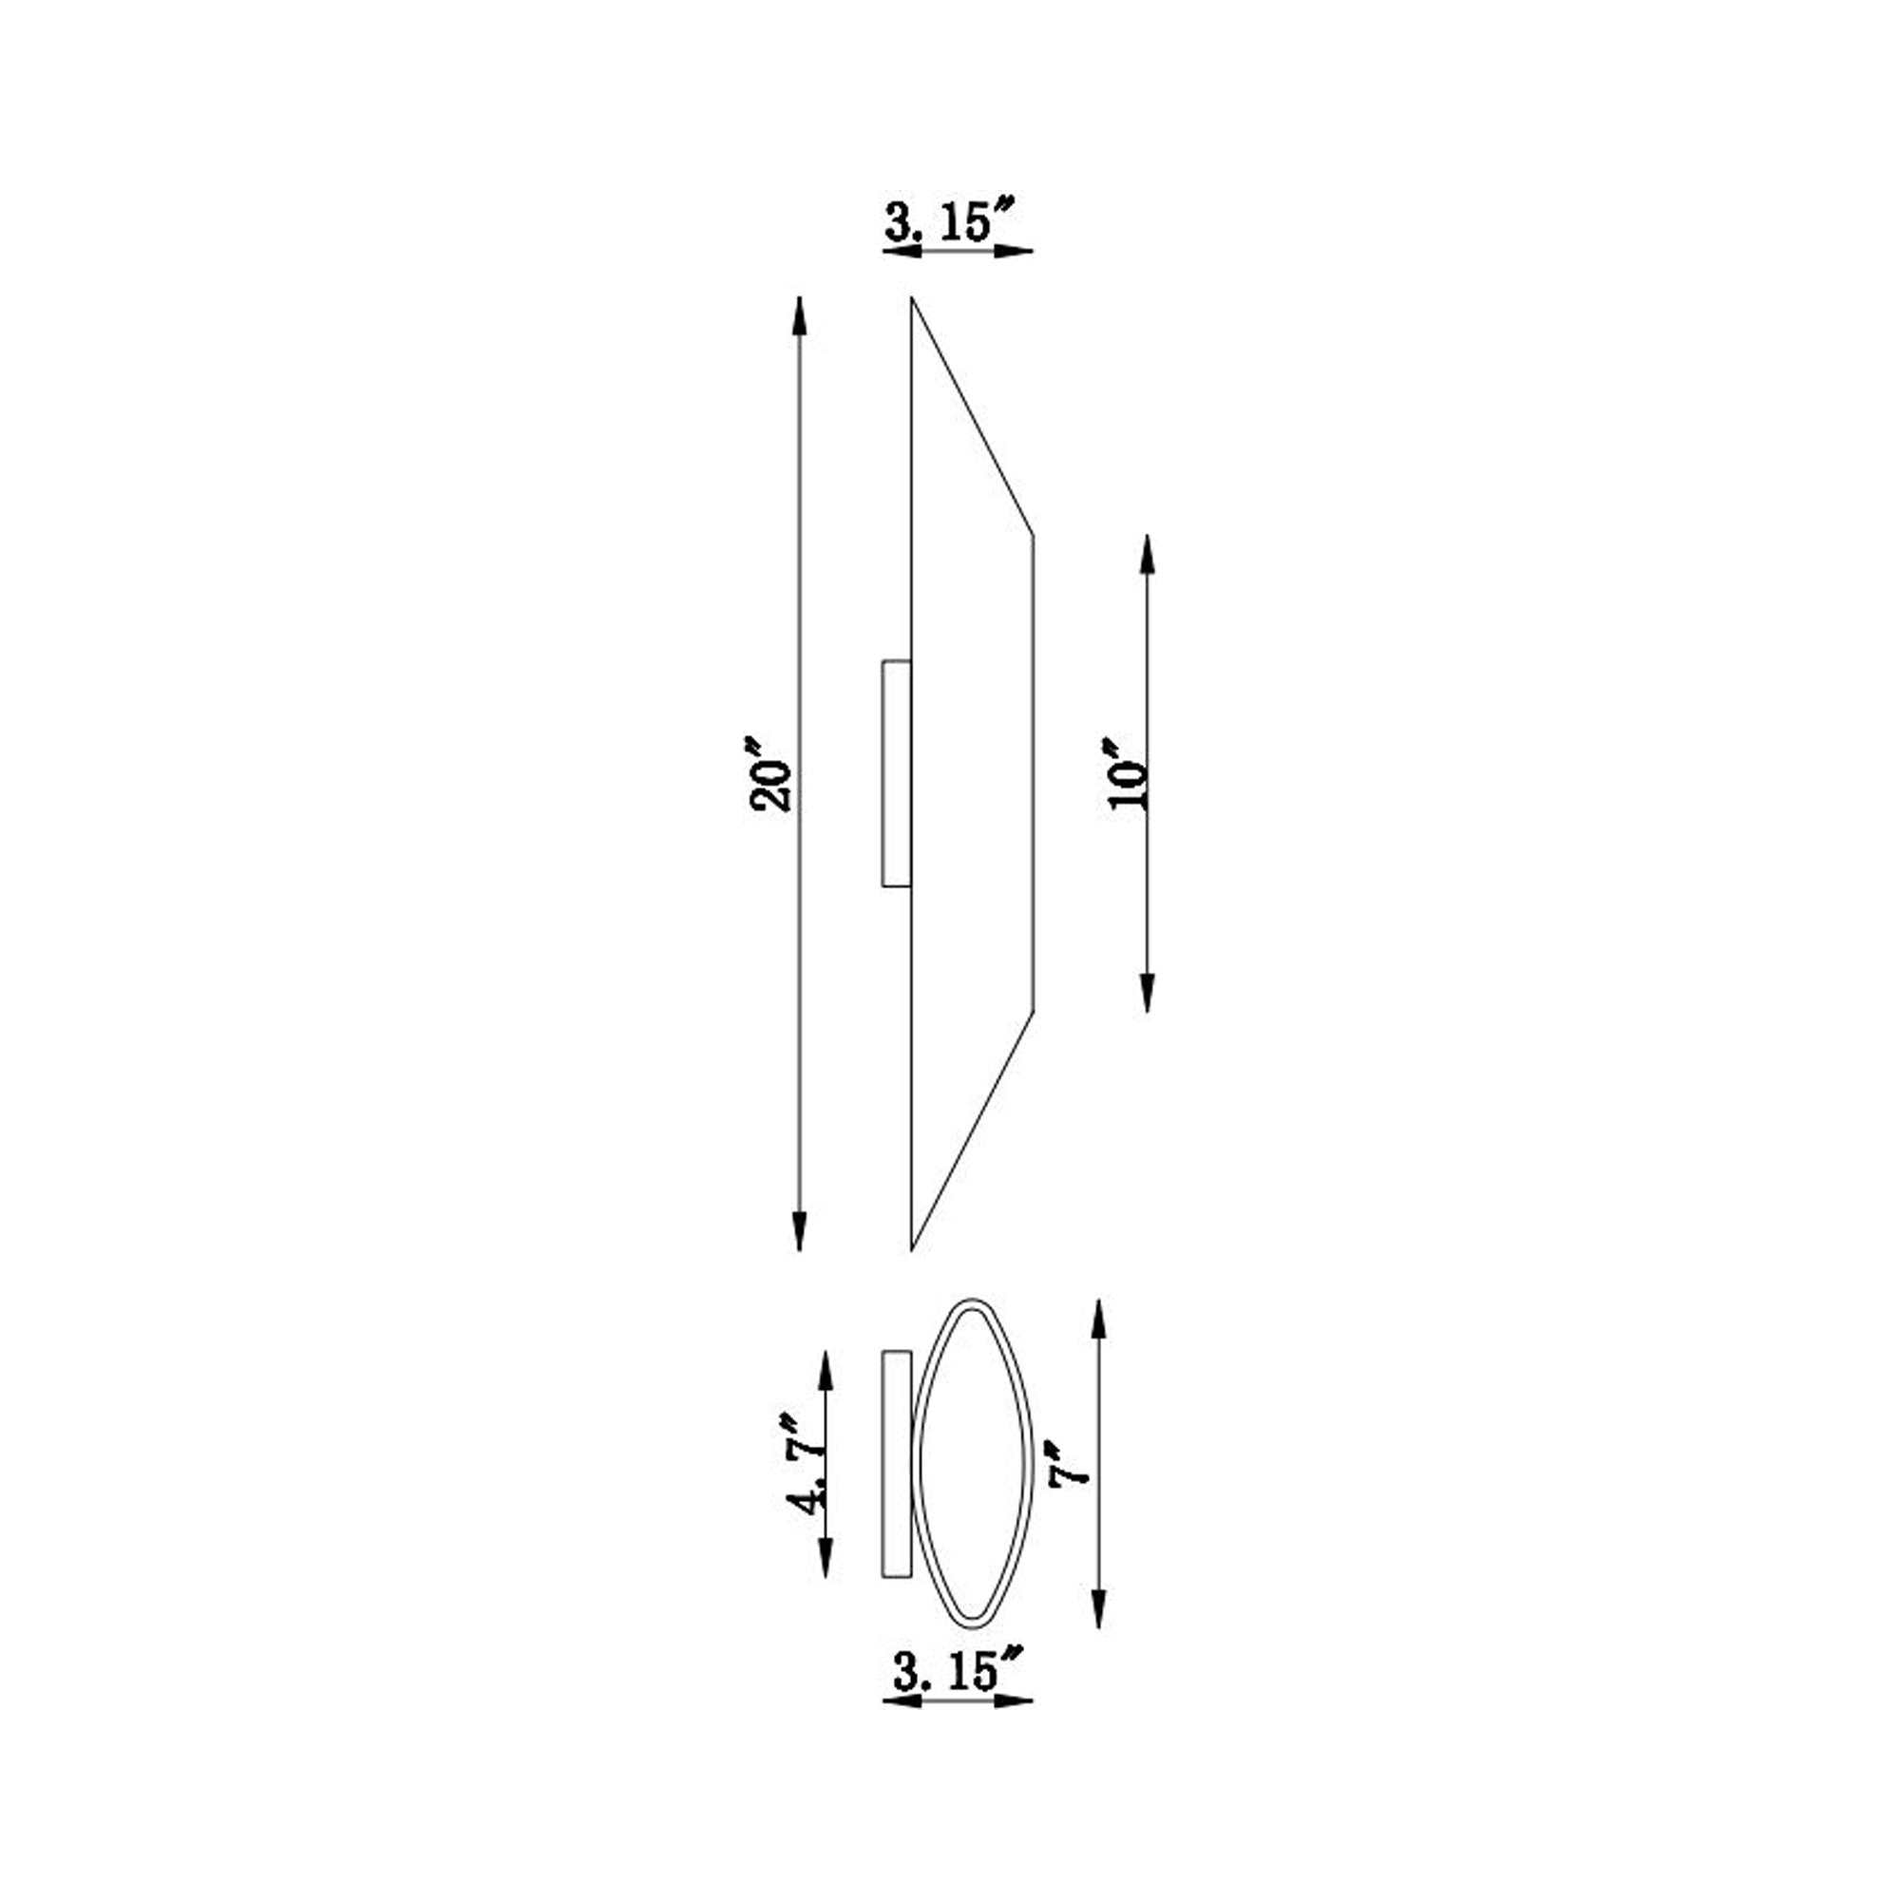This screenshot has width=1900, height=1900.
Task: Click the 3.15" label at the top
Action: tap(949, 220)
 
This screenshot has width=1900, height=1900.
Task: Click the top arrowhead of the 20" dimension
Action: tap(799, 315)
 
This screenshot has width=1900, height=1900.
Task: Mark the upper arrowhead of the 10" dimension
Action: tap(1147, 555)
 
